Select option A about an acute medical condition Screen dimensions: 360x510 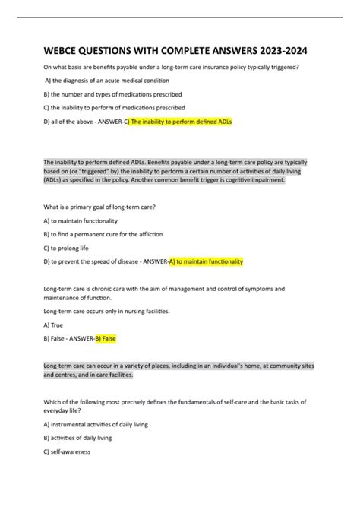point(107,80)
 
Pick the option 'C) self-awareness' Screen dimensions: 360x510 point(68,451)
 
